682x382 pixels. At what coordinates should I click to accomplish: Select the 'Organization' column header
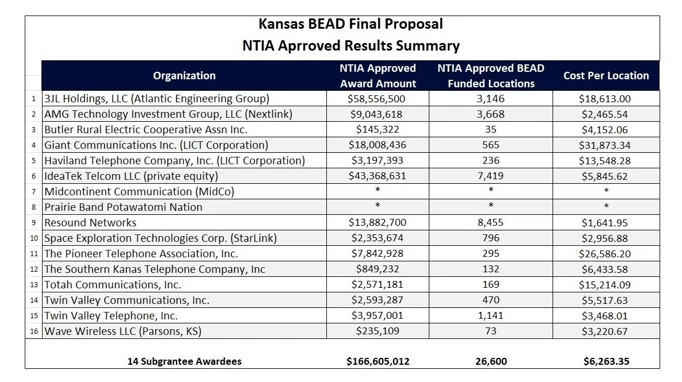click(184, 76)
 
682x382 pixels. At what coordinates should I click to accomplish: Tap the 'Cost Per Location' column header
click(605, 76)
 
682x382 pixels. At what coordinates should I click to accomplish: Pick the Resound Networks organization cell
click(90, 223)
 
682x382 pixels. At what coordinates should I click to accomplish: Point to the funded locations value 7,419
click(491, 176)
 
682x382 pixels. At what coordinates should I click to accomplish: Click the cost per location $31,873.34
click(605, 145)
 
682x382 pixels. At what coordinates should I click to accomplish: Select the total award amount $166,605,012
click(378, 361)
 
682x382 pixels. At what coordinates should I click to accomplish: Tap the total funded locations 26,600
click(491, 361)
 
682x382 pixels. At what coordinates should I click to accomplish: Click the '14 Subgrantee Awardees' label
click(184, 361)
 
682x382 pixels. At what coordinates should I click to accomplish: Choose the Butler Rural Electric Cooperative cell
click(146, 130)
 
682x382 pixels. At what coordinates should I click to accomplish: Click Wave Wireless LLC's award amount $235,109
click(377, 331)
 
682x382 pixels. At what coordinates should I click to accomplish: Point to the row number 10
click(33, 238)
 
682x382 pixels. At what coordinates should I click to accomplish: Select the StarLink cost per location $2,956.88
click(605, 238)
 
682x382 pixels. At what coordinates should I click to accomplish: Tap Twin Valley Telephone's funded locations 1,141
click(491, 316)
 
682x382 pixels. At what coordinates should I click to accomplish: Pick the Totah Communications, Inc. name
click(113, 285)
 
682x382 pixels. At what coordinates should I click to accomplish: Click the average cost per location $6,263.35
click(605, 361)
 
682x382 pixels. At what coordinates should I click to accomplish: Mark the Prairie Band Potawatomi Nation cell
click(123, 207)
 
